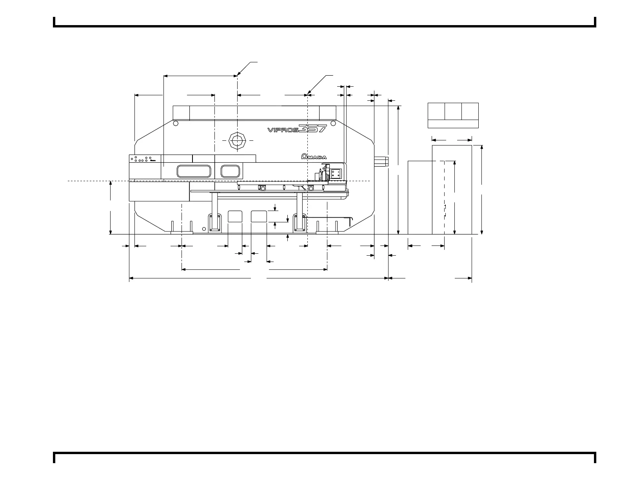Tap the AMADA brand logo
pyautogui.click(x=314, y=156)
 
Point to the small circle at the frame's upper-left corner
pyautogui.click(x=176, y=123)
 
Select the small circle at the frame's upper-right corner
pyautogui.click(x=333, y=123)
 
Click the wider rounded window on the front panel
pyautogui.click(x=194, y=171)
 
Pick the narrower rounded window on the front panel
pyautogui.click(x=230, y=171)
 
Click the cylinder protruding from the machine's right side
pyautogui.click(x=381, y=161)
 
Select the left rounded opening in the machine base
pyautogui.click(x=235, y=216)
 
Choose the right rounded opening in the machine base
pyautogui.click(x=259, y=216)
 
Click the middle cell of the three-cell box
pyautogui.click(x=453, y=111)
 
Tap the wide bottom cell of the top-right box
pyautogui.click(x=453, y=124)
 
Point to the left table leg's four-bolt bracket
pyautogui.click(x=214, y=222)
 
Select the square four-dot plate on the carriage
pyautogui.click(x=336, y=174)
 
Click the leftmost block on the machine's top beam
pyautogui.click(x=181, y=113)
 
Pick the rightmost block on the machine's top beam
pyautogui.click(x=328, y=113)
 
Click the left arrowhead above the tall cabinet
pyautogui.click(x=434, y=139)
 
